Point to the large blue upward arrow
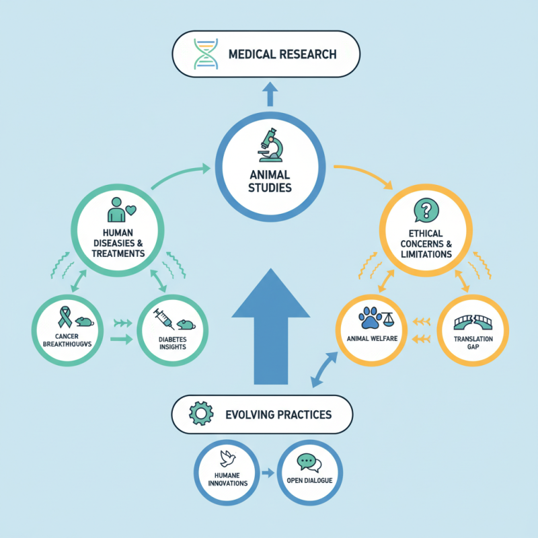click(270, 330)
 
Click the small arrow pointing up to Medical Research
click(270, 94)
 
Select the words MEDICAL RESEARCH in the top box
click(283, 54)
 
